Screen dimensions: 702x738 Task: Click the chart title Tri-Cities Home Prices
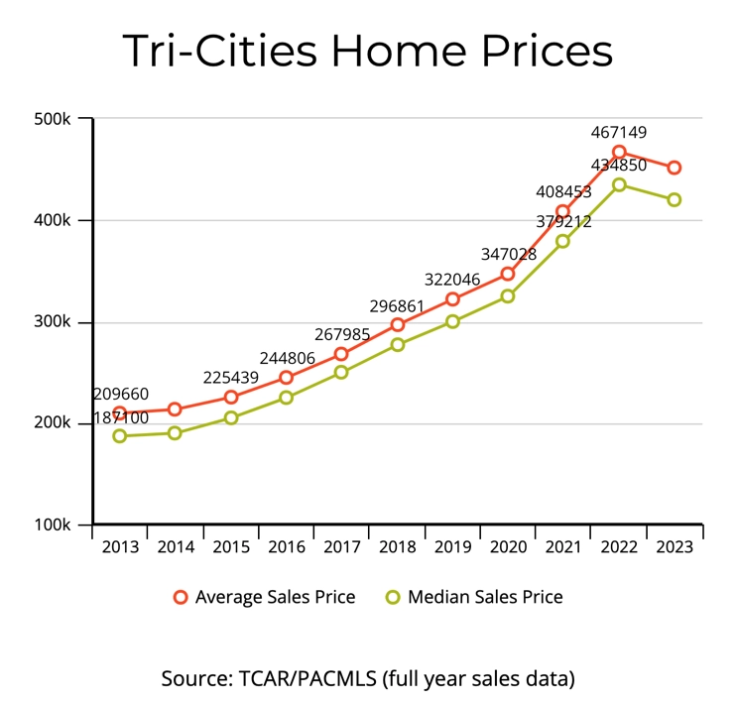[x=368, y=51]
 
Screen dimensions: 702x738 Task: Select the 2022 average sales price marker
[x=619, y=153]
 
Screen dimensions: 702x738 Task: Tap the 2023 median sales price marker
[x=675, y=199]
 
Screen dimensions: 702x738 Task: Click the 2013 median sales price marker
[x=120, y=436]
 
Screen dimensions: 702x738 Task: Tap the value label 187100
[x=120, y=417]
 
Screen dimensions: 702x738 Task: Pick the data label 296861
[x=397, y=302]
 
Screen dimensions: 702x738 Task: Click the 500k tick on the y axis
[x=53, y=119]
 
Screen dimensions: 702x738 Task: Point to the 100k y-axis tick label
[x=53, y=525]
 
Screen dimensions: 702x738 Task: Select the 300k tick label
[x=53, y=322]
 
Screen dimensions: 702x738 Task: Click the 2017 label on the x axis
[x=341, y=548]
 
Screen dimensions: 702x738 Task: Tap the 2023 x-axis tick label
[x=675, y=548]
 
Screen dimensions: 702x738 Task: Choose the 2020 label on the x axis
[x=508, y=548]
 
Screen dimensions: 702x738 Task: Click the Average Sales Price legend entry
[x=264, y=597]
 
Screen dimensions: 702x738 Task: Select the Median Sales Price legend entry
[x=473, y=597]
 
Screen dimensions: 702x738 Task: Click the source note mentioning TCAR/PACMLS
[x=368, y=679]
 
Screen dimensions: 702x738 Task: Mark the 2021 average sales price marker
[x=563, y=211]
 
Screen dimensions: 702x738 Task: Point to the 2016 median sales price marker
[x=286, y=398]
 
